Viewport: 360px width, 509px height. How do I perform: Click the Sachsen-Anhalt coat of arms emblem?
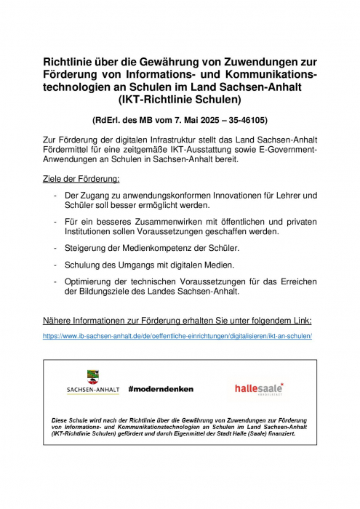93,377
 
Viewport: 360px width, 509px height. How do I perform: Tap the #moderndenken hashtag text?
161,389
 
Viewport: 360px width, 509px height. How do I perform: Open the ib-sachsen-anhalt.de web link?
177,336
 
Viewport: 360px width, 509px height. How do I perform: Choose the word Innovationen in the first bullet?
225,196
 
